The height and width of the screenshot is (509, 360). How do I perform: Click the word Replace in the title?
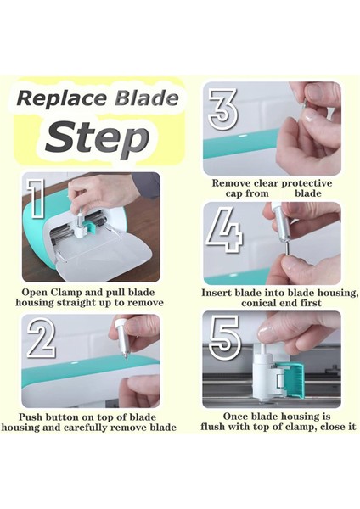(62, 98)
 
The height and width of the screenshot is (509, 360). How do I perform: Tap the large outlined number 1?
(36, 199)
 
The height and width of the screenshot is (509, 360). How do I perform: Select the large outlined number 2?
(42, 338)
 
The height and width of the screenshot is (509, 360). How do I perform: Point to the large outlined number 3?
(223, 109)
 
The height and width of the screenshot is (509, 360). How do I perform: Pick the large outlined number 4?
(224, 230)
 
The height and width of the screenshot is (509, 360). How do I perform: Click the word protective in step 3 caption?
(307, 183)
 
